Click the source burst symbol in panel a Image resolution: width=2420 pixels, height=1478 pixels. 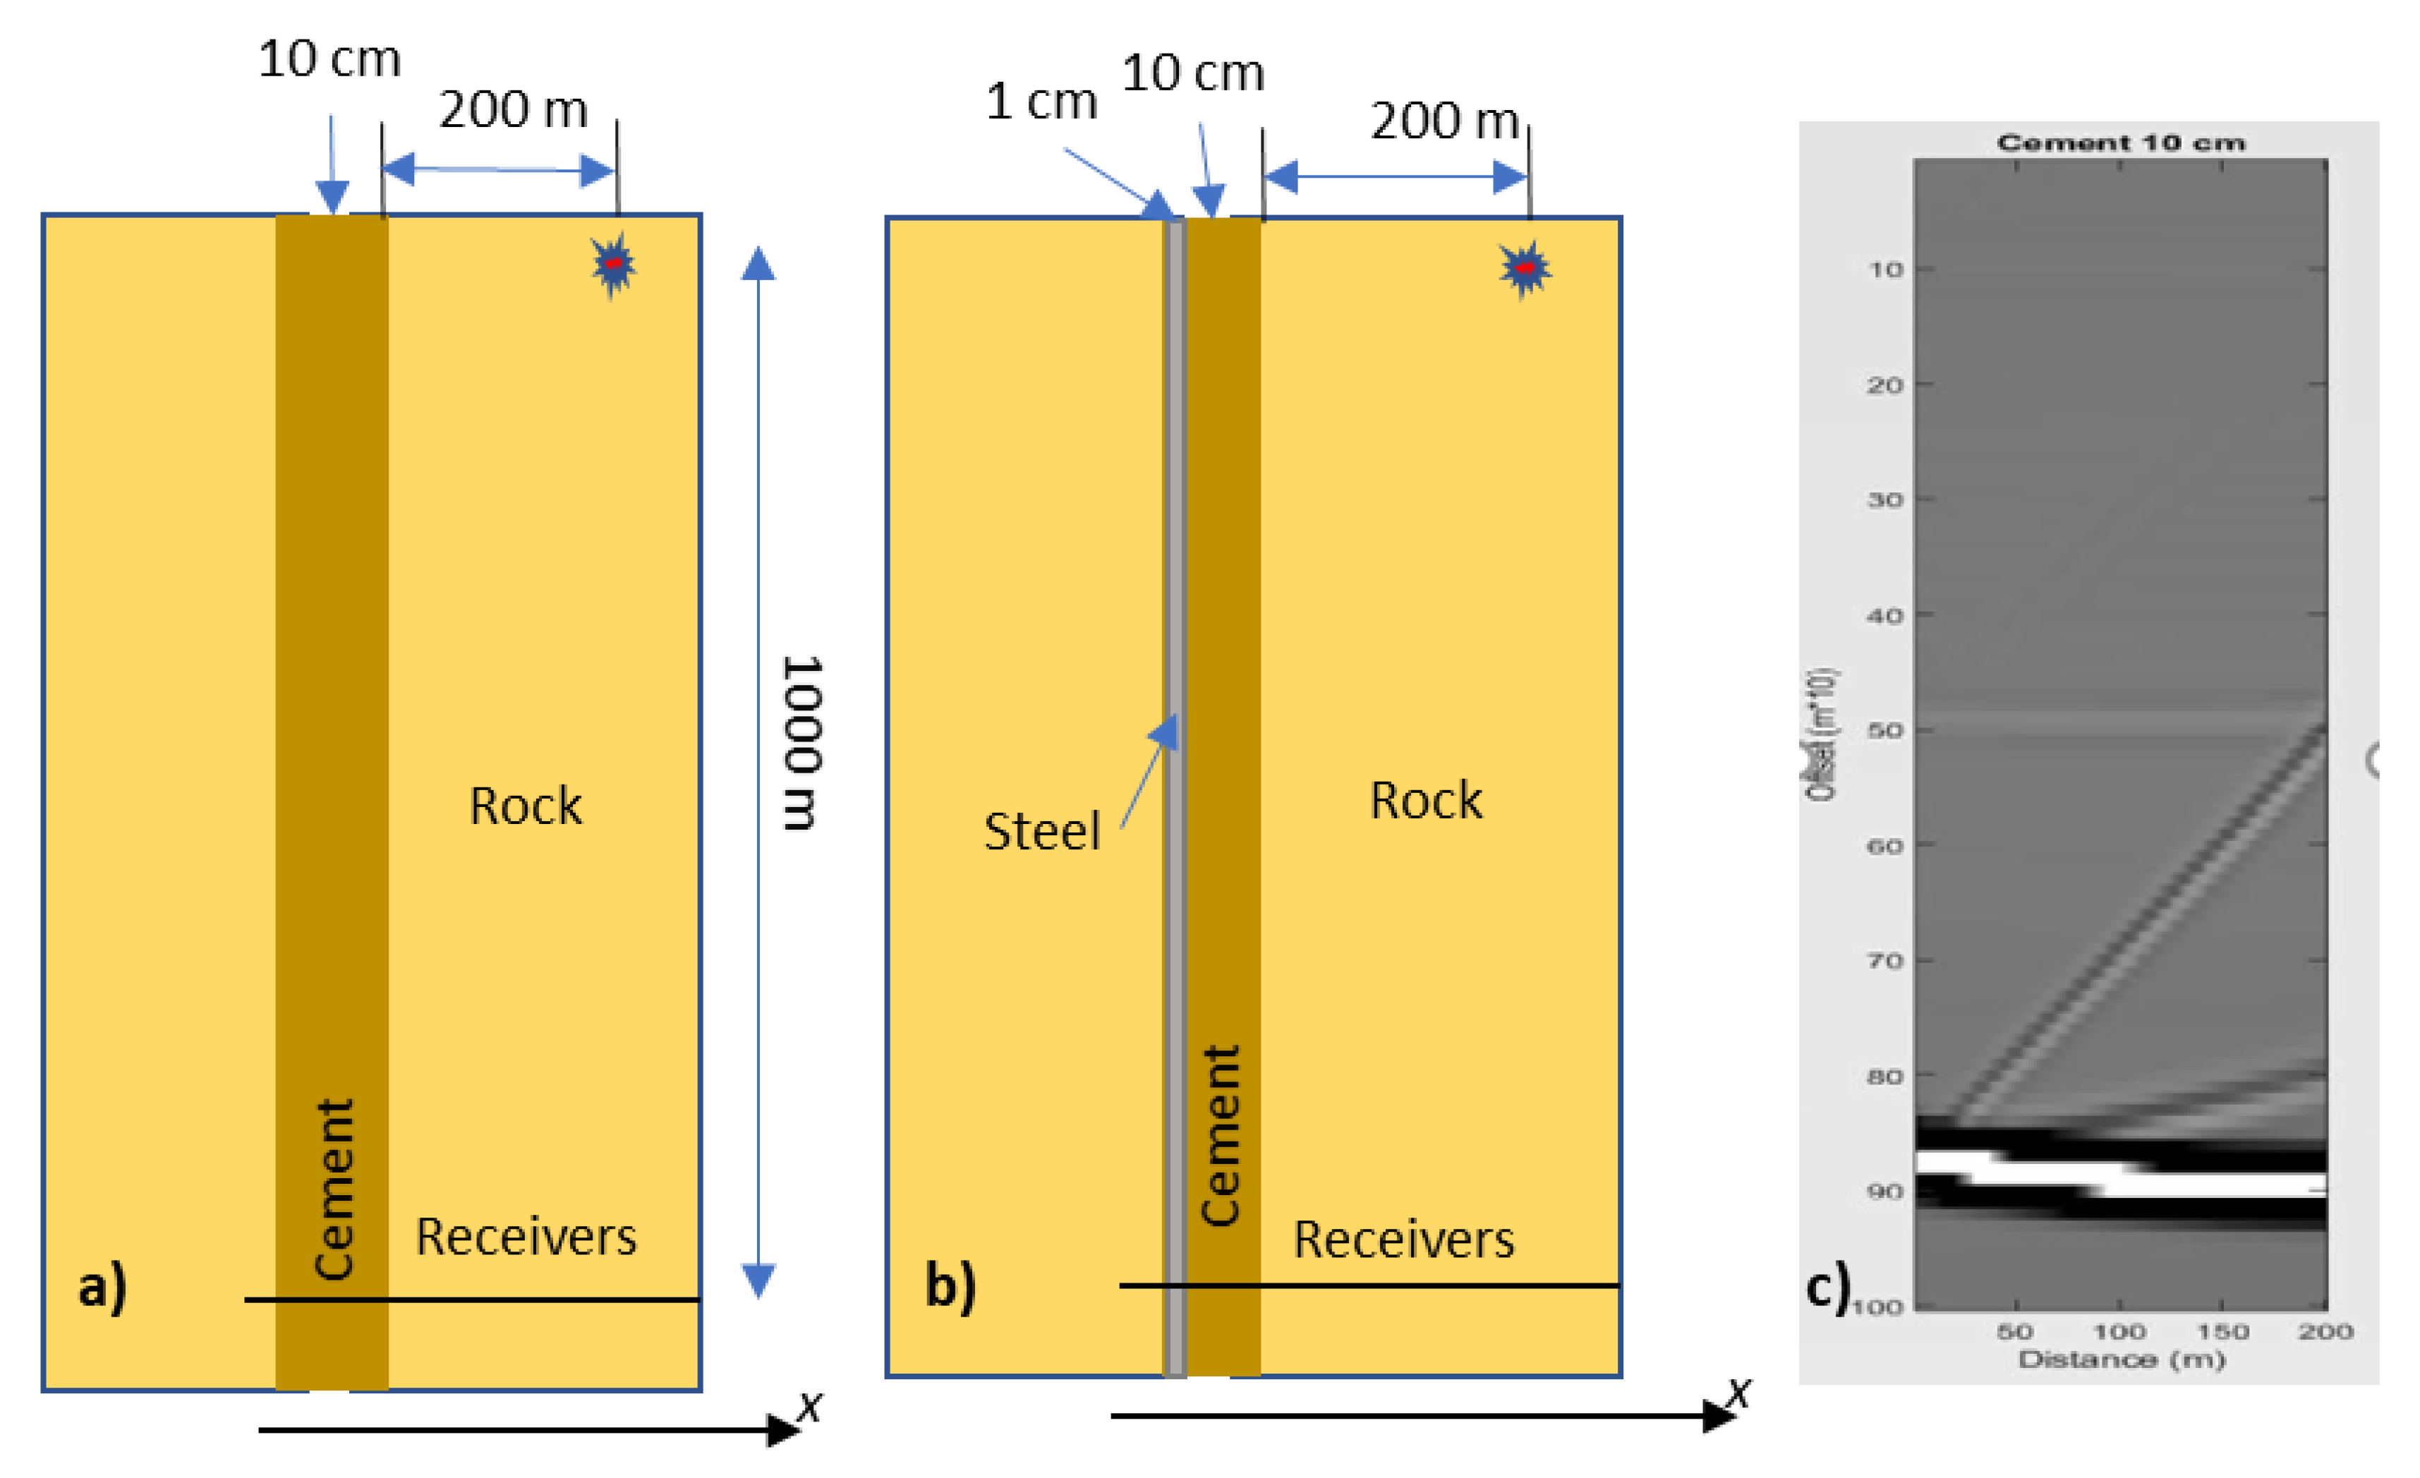pyautogui.click(x=614, y=264)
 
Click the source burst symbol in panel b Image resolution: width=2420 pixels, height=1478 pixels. pyautogui.click(x=1524, y=268)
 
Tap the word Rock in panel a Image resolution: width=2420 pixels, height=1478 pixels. pyautogui.click(x=526, y=806)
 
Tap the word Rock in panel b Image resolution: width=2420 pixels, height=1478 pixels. pyautogui.click(x=1425, y=801)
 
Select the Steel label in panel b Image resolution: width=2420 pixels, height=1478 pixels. pyautogui.click(x=1041, y=832)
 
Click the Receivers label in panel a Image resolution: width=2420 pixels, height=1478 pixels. pyautogui.click(x=526, y=1237)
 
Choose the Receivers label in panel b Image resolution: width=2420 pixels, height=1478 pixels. pyautogui.click(x=1403, y=1240)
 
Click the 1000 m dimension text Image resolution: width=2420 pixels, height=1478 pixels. pyautogui.click(x=801, y=744)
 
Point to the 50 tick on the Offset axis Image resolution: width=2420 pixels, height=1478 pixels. pyautogui.click(x=1884, y=731)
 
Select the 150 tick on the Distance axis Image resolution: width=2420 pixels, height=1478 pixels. pyautogui.click(x=2222, y=1332)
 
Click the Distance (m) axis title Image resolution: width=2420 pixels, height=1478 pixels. pyautogui.click(x=2122, y=1359)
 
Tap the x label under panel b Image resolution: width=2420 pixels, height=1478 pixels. pyautogui.click(x=1738, y=1392)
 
